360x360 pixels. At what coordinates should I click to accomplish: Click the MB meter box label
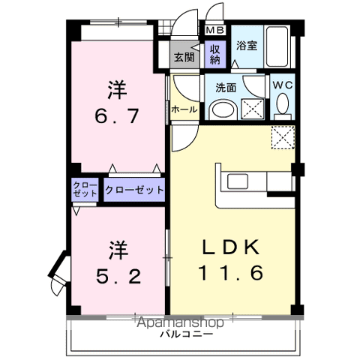coord(215,30)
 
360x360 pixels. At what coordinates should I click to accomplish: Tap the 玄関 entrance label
coord(184,57)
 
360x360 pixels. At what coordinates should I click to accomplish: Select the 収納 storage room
coord(215,54)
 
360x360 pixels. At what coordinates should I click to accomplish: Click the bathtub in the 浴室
coord(277,46)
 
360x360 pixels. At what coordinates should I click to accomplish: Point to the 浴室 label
coord(247,46)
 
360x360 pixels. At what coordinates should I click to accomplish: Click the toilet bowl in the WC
coord(283,103)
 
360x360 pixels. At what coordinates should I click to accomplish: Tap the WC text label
coord(283,85)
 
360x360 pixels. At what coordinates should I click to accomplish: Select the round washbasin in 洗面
coord(223,109)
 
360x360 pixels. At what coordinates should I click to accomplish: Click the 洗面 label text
coord(226,88)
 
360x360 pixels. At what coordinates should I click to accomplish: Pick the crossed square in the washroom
coord(253,109)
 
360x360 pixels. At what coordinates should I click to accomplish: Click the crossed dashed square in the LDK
coord(283,138)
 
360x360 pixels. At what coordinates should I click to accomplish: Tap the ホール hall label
coord(184,109)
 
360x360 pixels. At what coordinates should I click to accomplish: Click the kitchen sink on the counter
coord(238,181)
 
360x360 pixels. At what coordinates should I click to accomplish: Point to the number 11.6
coord(231,272)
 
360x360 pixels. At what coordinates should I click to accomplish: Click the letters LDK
coord(231,247)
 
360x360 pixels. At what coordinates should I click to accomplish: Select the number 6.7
coord(117,115)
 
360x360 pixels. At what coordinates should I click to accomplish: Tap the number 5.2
coord(118,276)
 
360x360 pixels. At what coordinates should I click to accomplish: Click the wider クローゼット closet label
coord(134,190)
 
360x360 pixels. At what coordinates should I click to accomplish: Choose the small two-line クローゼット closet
coord(85,189)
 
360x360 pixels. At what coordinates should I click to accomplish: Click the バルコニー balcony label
coord(187,334)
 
